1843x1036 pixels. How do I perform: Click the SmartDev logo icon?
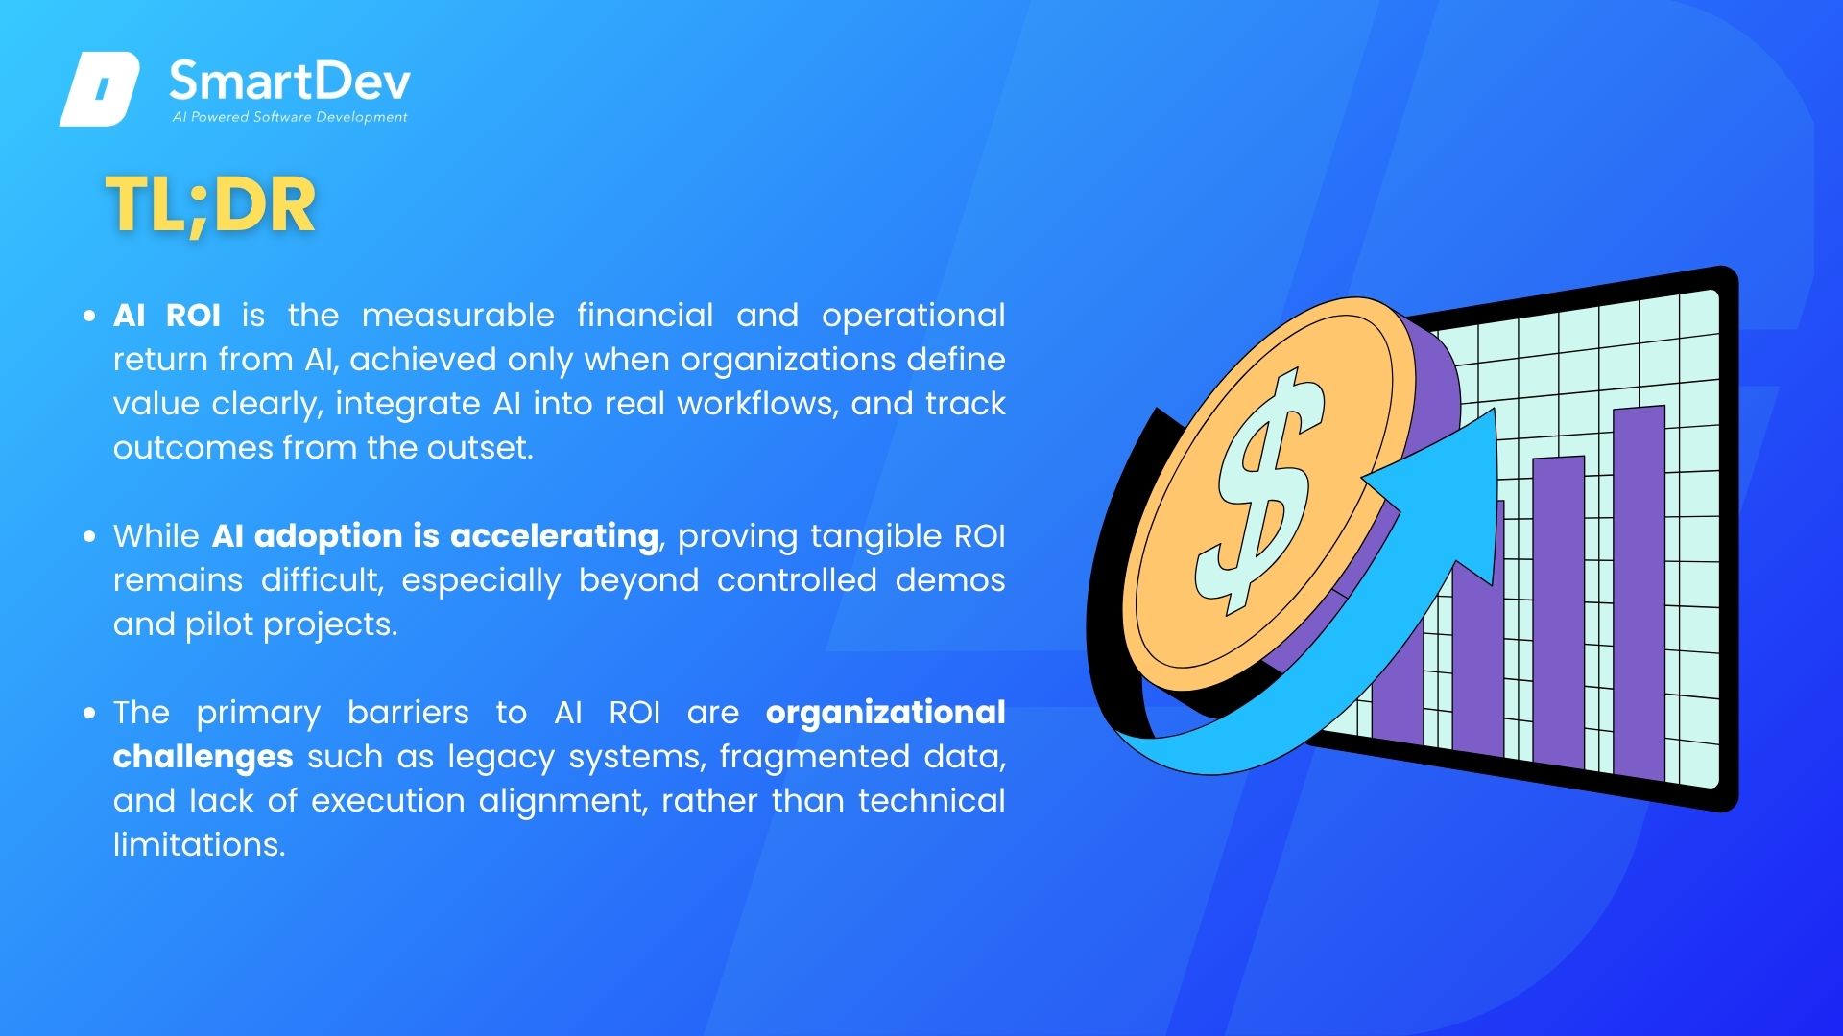tap(100, 89)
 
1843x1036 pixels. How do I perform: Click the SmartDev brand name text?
tap(290, 82)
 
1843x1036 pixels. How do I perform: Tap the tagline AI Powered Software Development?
tap(290, 117)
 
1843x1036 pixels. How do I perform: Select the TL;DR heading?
tap(210, 205)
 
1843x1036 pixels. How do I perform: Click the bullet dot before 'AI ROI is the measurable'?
tap(90, 316)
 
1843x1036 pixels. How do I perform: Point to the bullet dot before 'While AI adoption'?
tap(90, 536)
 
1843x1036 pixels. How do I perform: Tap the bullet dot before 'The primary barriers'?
tap(90, 713)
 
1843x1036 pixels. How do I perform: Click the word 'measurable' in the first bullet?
tap(458, 316)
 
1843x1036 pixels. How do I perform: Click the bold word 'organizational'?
tap(885, 713)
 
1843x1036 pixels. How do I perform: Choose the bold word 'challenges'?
tap(203, 757)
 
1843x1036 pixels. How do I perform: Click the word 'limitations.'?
tap(200, 845)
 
